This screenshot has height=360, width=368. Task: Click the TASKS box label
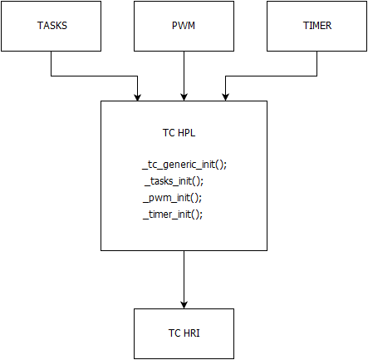[52, 26]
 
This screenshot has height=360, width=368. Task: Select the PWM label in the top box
[184, 26]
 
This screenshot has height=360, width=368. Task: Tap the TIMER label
[317, 26]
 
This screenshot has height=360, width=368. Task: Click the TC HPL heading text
[179, 133]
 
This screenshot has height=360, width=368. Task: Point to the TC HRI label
[184, 333]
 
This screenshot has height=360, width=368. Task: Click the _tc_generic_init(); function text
[184, 165]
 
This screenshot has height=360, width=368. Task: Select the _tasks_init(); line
[174, 181]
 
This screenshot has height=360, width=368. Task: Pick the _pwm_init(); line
[172, 198]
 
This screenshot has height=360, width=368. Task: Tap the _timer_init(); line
[173, 215]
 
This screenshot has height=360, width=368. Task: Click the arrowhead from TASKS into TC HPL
[137, 97]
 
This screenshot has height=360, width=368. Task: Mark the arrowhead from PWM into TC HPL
[184, 97]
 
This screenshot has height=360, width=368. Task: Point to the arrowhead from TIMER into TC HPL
[225, 97]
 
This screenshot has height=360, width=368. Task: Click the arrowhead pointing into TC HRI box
[184, 305]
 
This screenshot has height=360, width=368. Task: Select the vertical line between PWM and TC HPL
[184, 76]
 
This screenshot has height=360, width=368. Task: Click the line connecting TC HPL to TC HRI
[184, 279]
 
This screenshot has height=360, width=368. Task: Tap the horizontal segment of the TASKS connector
[94, 76]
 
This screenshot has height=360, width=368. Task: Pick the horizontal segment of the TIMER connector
[271, 76]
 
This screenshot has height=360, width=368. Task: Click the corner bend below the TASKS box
[52, 76]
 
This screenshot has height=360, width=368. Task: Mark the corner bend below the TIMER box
[316, 76]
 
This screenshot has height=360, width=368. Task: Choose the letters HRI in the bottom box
[191, 333]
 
